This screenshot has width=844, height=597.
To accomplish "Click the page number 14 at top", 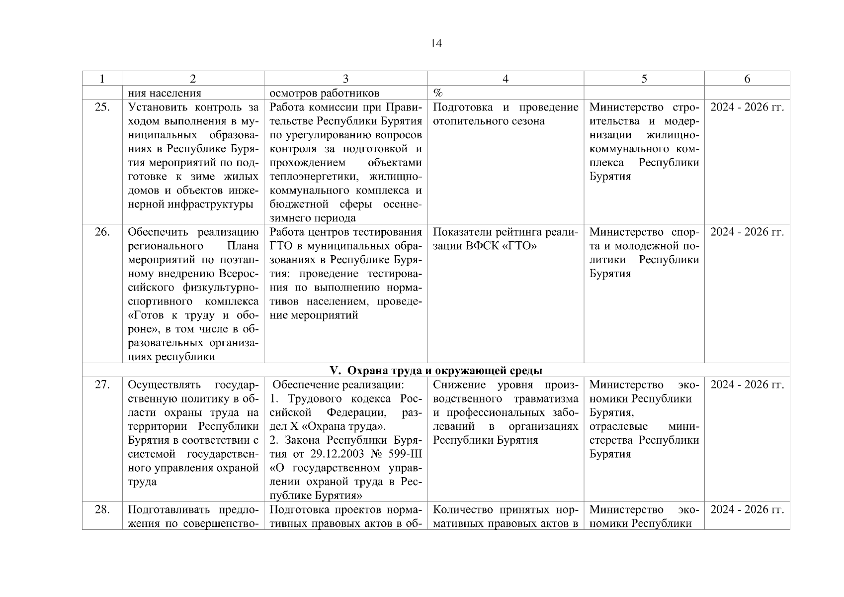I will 436,44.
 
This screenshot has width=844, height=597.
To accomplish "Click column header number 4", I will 505,79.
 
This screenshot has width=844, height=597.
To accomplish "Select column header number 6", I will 747,79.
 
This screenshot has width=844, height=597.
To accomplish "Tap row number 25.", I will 102,107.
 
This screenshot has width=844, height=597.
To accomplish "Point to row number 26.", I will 102,232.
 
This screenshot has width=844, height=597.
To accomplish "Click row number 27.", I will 102,385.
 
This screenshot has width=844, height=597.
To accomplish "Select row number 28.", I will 102,510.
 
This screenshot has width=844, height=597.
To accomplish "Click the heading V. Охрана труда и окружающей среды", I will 436,371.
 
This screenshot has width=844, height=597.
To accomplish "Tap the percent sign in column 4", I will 438,93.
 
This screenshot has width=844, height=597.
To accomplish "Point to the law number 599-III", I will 401,454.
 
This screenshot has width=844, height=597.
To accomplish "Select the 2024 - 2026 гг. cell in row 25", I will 747,107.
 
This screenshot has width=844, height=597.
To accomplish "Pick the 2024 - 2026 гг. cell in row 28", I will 747,510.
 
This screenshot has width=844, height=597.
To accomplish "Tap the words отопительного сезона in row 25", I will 489,121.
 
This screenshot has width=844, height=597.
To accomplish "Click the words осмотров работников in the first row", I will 324,93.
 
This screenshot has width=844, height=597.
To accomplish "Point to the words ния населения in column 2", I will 165,93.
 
